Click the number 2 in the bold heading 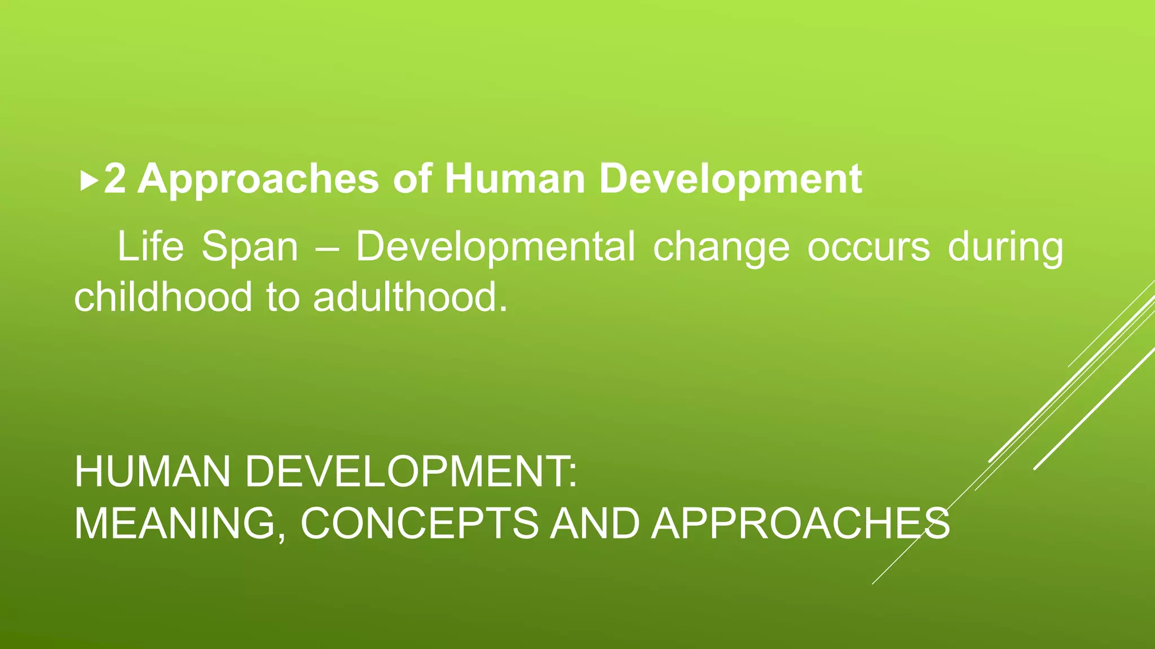click(x=115, y=179)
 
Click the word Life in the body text click(x=151, y=247)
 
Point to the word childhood click(x=163, y=297)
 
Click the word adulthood click(x=410, y=297)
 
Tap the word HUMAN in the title click(x=152, y=472)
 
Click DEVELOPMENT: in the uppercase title click(x=411, y=472)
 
